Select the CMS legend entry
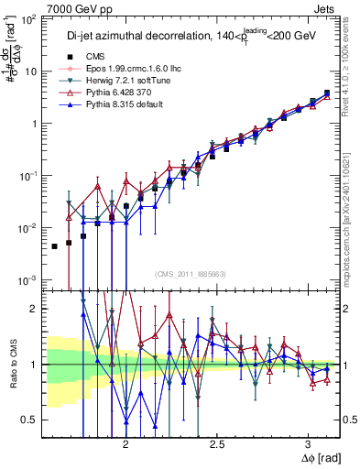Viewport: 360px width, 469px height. tap(106, 57)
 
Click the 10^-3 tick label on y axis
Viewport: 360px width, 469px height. tap(27, 279)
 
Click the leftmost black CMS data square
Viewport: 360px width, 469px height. tap(54, 246)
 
